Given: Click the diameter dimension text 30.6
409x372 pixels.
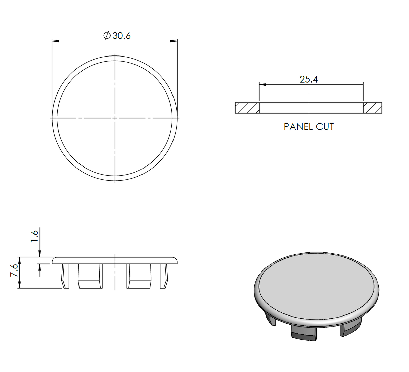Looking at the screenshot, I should [x=121, y=36].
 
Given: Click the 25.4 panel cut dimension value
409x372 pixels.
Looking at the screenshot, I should [x=309, y=80].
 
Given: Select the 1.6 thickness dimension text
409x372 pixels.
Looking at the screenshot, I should [x=34, y=236].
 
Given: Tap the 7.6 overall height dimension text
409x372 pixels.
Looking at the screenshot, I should [x=14, y=270].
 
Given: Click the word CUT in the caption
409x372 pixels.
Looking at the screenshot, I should [x=325, y=127].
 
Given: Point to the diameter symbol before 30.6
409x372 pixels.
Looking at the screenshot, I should [x=107, y=36].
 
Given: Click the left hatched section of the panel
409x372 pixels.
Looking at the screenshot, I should [x=247, y=108].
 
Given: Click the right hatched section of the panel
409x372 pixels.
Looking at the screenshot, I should [x=372, y=108].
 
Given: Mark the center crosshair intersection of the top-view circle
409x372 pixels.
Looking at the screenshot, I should [x=115, y=118].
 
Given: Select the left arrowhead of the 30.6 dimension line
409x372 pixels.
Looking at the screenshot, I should [x=56, y=41].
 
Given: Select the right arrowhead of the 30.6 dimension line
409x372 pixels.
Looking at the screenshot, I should [x=174, y=41].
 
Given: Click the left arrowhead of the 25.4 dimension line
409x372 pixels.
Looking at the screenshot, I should [x=263, y=85].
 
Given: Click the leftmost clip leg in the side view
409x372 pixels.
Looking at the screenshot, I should [x=65, y=276].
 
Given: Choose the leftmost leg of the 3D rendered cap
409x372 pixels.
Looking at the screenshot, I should [x=271, y=319].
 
